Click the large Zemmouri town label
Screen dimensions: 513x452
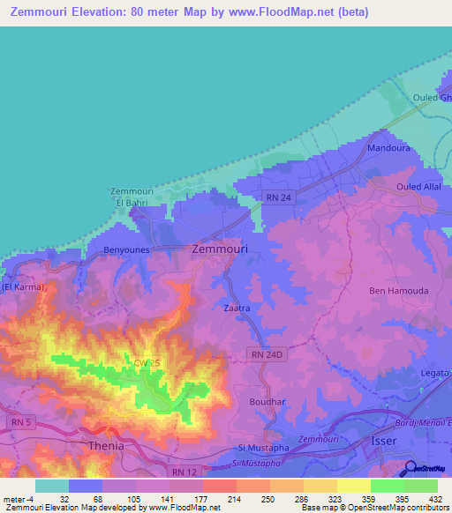click(220, 249)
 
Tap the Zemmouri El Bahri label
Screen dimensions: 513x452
click(131, 197)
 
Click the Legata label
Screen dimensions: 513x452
click(435, 373)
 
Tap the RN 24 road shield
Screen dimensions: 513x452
click(277, 199)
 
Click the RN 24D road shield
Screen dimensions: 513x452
click(265, 354)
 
